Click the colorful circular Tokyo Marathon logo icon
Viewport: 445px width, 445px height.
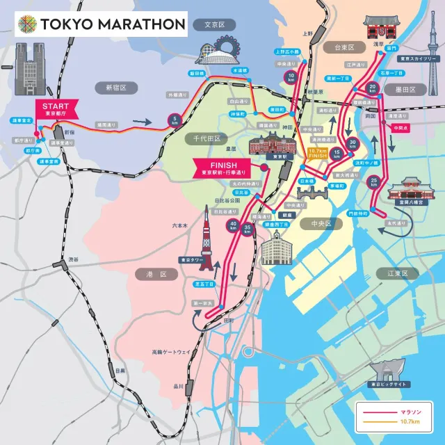point(29,24)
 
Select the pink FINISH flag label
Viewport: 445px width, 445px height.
point(223,168)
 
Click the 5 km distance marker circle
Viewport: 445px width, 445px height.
point(173,120)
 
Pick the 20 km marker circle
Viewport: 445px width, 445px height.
point(373,88)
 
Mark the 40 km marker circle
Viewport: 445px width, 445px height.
point(232,225)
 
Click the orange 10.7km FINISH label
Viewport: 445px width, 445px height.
point(317,154)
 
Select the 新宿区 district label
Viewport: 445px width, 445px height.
point(115,88)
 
